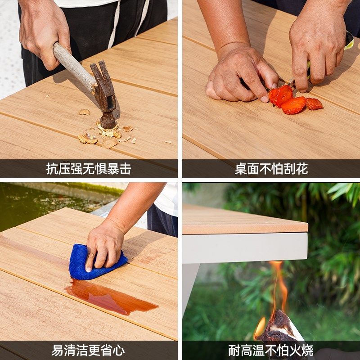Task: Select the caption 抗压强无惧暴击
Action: (89, 169)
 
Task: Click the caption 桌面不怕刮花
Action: (271, 169)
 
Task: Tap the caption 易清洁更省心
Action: (89, 350)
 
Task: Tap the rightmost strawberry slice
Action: (314, 104)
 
